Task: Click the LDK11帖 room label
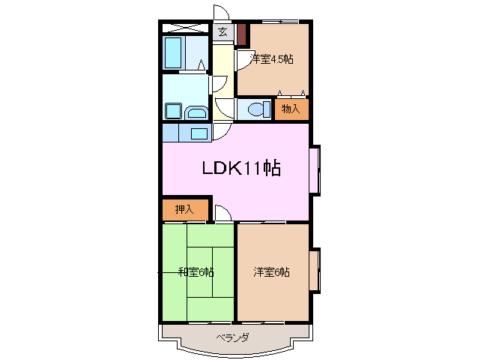click(240, 169)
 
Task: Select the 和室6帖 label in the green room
click(196, 271)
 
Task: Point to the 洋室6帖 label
click(271, 271)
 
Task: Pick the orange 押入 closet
click(184, 209)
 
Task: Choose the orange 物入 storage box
click(291, 109)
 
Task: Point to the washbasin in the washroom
click(196, 112)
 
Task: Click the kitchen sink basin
click(199, 133)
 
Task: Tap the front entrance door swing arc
click(220, 13)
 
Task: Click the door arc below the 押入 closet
click(221, 214)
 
